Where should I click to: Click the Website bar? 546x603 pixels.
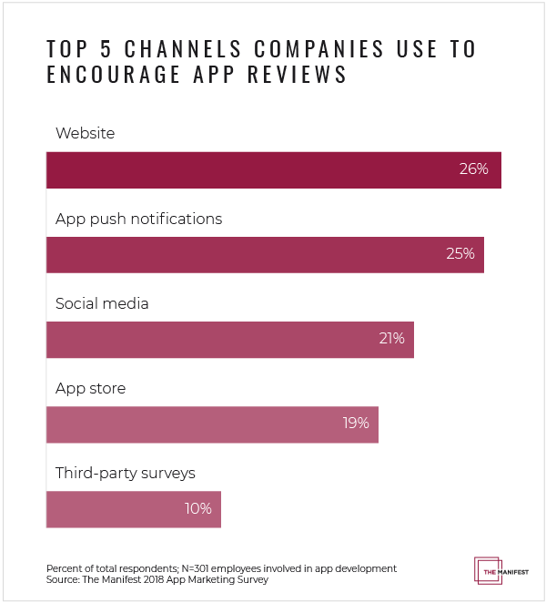273,169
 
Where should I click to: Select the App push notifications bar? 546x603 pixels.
265,254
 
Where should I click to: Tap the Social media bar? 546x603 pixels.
229,339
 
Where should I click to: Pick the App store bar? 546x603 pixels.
212,424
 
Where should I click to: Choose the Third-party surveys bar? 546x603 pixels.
133,508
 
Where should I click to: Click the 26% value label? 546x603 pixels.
474,169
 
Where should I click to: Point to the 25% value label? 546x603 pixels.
460,254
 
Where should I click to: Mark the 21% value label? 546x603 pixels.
391,339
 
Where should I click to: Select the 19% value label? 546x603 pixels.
355,424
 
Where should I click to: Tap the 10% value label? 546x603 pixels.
197,508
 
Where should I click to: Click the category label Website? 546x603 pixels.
86,134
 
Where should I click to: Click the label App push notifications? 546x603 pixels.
138,220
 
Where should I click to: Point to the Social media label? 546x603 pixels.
102,304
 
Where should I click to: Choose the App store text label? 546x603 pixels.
90,389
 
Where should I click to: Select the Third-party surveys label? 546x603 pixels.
126,474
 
